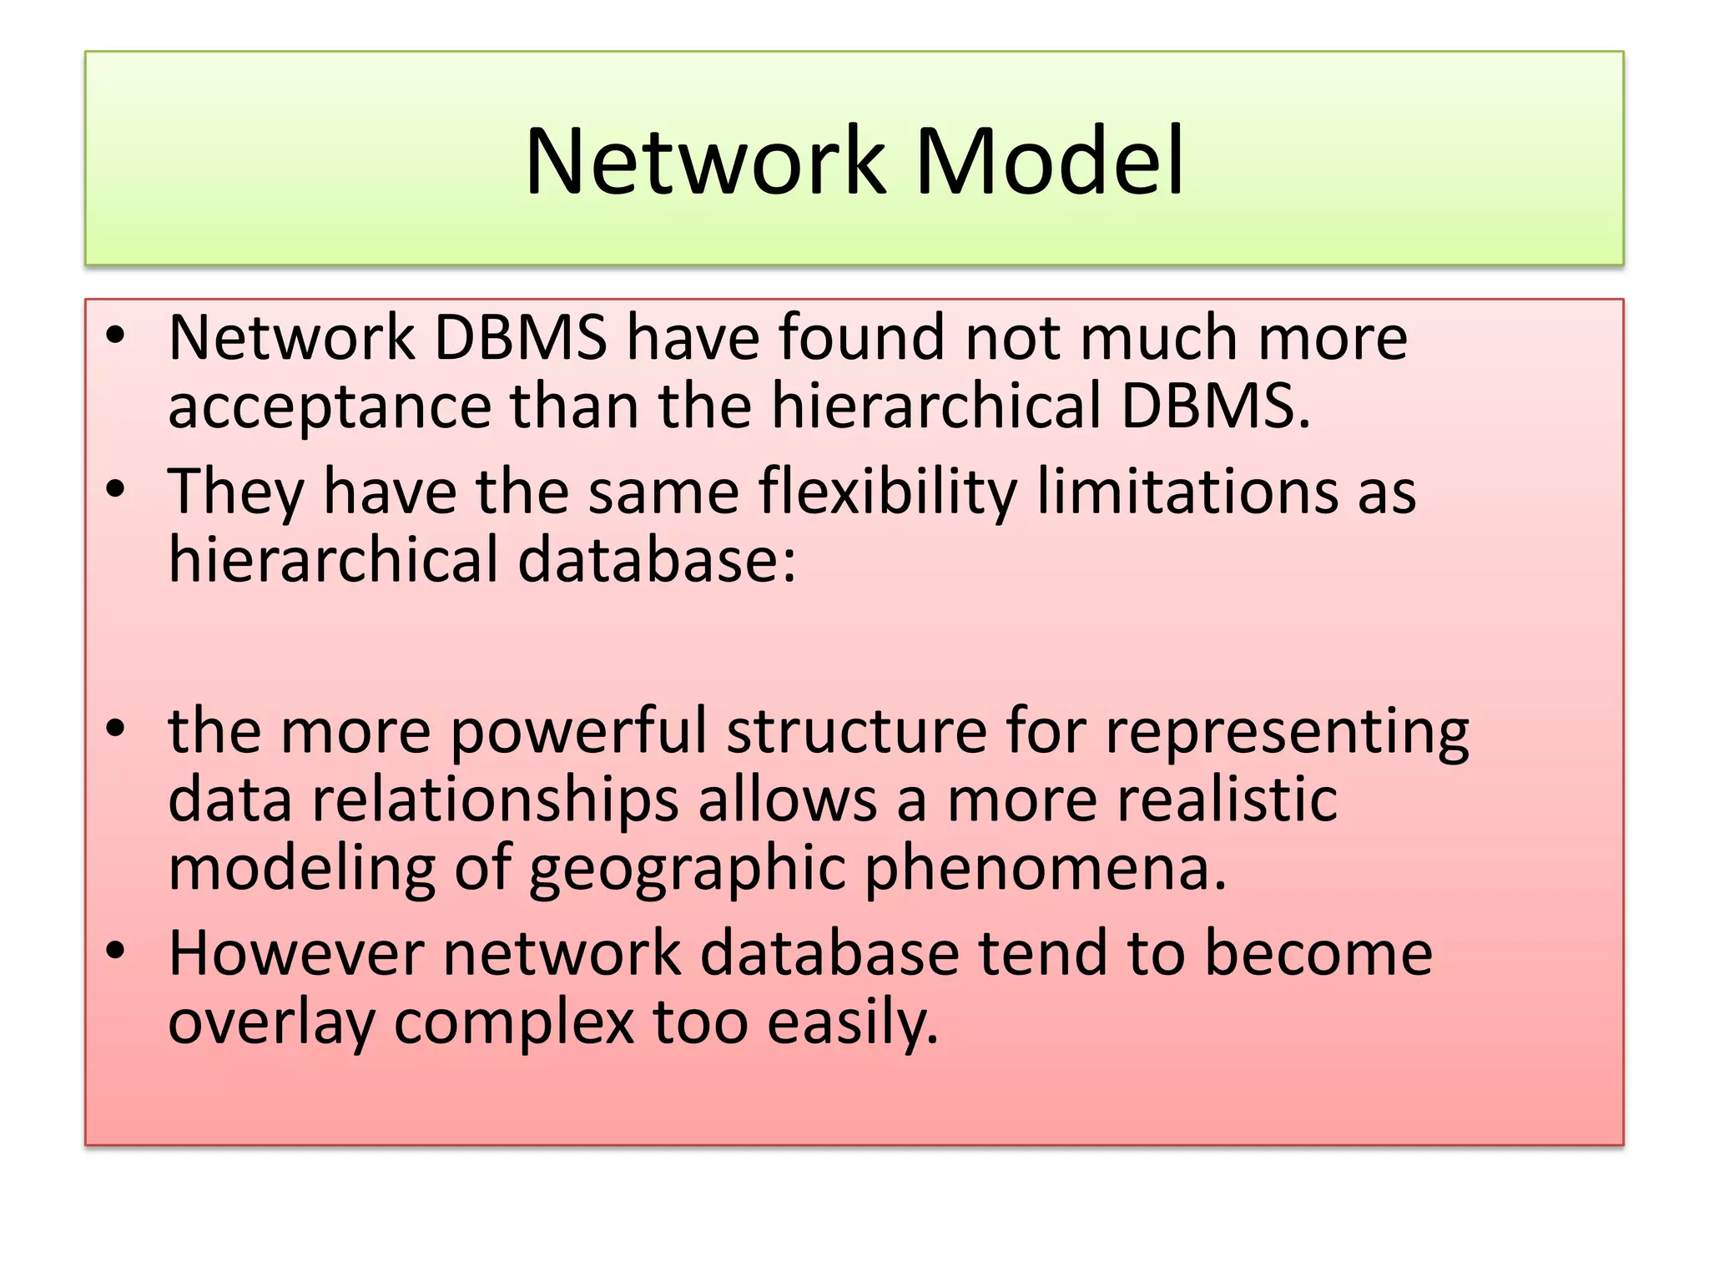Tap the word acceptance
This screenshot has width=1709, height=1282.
330,406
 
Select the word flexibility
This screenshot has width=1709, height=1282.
888,492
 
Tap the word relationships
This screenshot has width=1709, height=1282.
496,800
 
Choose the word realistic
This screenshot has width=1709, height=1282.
1228,800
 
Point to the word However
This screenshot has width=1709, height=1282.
296,953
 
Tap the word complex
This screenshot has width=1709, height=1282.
514,1022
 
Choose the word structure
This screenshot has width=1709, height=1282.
856,732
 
